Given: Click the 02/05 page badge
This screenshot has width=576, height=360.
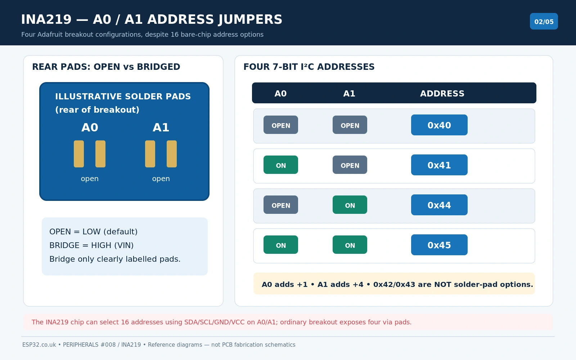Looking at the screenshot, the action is coord(544,21).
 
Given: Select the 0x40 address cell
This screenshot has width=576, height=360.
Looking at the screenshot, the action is coord(439,125).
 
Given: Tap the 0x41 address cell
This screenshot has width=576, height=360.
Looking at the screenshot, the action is coord(439,165).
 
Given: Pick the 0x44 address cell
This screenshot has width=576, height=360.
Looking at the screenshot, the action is coord(439,205).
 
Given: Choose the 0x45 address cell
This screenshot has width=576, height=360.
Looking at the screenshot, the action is coord(439,245).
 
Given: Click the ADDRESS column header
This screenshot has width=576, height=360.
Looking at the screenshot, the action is coord(442,94).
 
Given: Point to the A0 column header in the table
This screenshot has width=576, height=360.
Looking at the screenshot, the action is coord(280,94).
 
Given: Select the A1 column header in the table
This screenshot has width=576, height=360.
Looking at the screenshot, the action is coord(349,94).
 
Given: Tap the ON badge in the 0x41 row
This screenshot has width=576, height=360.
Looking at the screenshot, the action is coord(281,165).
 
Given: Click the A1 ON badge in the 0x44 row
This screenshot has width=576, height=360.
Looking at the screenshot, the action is coord(350,205).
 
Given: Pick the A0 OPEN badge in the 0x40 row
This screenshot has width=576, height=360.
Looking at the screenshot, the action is coord(281,125).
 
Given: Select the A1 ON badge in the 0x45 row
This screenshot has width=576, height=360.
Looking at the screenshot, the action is coord(350,244).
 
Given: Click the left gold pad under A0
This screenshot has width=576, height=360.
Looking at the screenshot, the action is coord(79,154).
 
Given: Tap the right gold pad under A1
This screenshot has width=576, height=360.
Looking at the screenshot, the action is coord(172,154).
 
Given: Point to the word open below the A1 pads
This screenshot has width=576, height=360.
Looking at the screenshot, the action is coord(161,179).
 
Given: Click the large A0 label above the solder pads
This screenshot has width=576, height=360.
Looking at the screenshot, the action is coord(90,127).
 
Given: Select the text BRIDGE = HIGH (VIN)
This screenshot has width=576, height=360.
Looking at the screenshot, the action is coord(91,245).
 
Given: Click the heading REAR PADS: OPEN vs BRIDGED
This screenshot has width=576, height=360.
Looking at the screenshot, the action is coord(106,67).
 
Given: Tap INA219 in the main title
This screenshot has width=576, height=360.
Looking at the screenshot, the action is coord(46,19).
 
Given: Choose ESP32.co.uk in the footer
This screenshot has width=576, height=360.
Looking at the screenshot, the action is coord(39,345).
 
